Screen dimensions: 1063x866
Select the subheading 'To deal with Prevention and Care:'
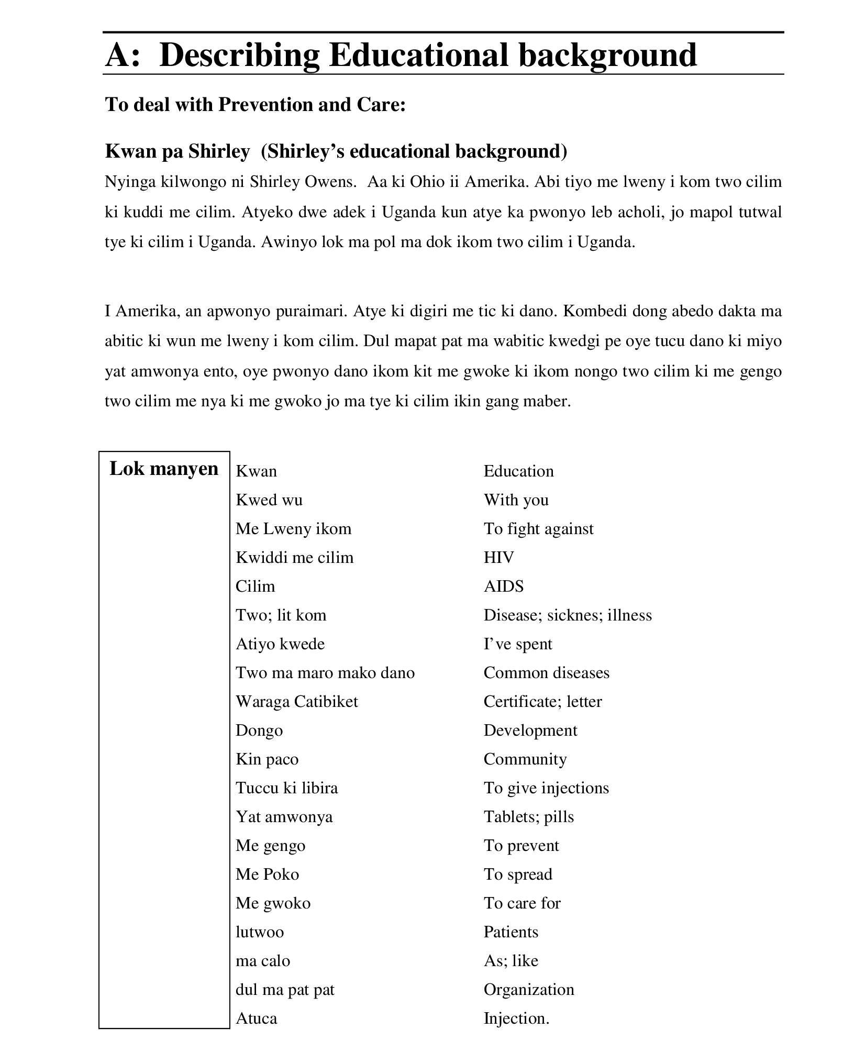pyautogui.click(x=256, y=105)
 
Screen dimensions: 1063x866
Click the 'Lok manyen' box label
pyautogui.click(x=164, y=468)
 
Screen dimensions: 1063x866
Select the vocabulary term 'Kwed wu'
pyautogui.click(x=269, y=500)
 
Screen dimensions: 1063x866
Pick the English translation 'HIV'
pyautogui.click(x=498, y=557)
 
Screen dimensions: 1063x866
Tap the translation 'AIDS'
pyautogui.click(x=503, y=586)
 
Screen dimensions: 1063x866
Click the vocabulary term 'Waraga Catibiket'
pyautogui.click(x=297, y=701)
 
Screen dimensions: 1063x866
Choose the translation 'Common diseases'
pyautogui.click(x=546, y=672)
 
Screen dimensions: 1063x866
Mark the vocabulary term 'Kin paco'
pyautogui.click(x=267, y=759)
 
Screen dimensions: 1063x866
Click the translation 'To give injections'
pyautogui.click(x=546, y=788)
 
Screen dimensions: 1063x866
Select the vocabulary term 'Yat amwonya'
pyautogui.click(x=284, y=816)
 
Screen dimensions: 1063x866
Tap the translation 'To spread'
pyautogui.click(x=518, y=874)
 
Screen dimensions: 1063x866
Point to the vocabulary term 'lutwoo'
pyautogui.click(x=260, y=932)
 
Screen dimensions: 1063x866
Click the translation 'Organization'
pyautogui.click(x=529, y=989)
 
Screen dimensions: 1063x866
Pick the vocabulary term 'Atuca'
pyautogui.click(x=257, y=1018)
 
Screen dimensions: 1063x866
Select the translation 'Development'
pyautogui.click(x=530, y=730)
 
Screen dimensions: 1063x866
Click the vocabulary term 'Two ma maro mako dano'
pyautogui.click(x=325, y=672)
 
